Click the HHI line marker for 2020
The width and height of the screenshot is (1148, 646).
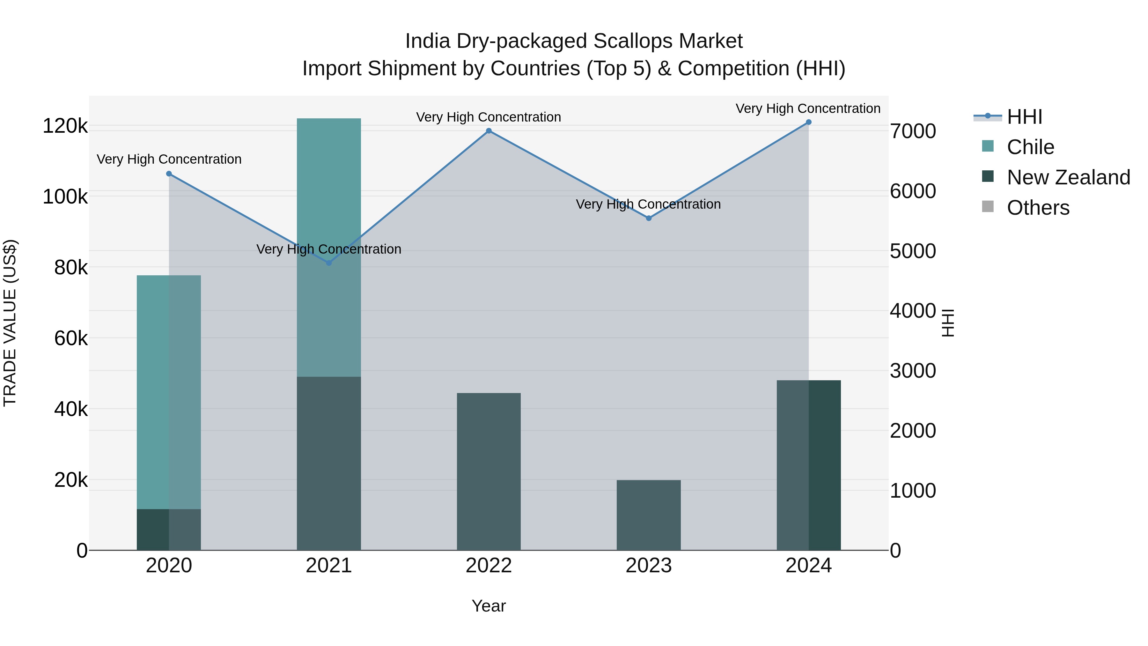[169, 174]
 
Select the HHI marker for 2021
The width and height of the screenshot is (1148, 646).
[329, 263]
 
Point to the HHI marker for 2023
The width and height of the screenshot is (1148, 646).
[649, 219]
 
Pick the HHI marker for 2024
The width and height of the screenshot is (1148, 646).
[809, 122]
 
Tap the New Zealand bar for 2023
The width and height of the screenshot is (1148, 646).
[649, 516]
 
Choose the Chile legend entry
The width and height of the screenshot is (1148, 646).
[1030, 147]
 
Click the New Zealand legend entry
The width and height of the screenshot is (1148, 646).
[1068, 177]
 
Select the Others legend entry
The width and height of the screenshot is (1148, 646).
[1038, 208]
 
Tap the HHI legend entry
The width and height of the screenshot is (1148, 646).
[1024, 117]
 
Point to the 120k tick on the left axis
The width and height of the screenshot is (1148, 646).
[65, 126]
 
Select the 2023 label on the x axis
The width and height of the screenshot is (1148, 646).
[649, 566]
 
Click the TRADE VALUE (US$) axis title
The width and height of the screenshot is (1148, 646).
[10, 323]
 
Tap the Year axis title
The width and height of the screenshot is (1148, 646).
[489, 606]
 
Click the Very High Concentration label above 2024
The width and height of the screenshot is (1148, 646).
[808, 108]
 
